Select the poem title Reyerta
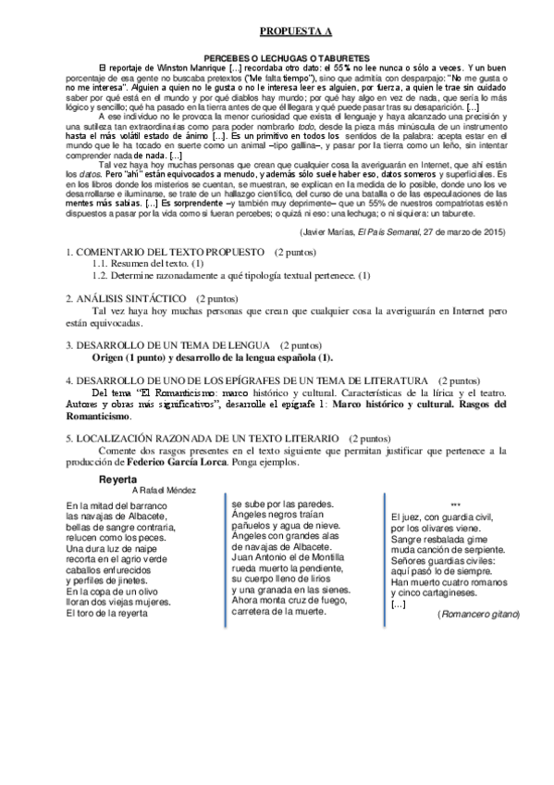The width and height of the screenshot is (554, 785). (x=119, y=480)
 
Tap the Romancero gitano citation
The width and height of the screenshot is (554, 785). (x=480, y=615)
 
